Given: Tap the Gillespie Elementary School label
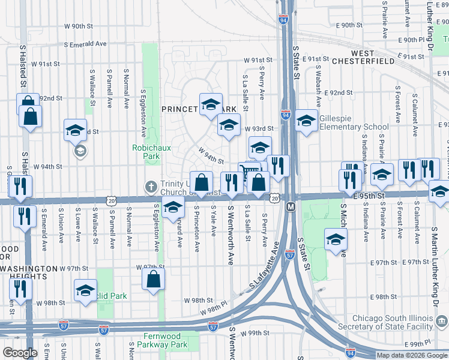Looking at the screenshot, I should coord(354,122).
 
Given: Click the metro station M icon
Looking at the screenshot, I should coord(291,206).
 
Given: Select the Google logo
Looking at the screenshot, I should coord(20,353).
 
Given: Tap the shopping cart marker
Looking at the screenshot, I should coord(248,172).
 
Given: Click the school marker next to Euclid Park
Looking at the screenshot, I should coord(85,291).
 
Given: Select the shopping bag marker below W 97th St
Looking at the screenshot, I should coord(154,279).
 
